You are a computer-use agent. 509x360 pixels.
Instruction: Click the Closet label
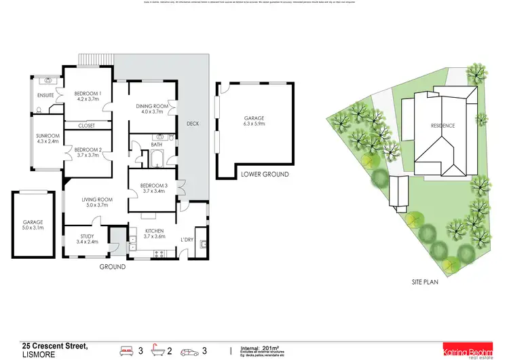(x=86, y=126)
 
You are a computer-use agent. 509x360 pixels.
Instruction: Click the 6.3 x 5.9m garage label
(x=254, y=122)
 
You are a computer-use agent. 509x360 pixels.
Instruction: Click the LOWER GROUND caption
(x=265, y=175)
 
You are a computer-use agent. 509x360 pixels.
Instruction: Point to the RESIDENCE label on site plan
(x=442, y=126)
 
